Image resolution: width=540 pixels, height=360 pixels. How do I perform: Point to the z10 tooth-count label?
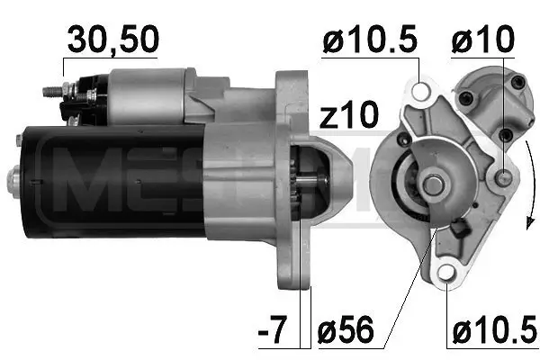(349, 115)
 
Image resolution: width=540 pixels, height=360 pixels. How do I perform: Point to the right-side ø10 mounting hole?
(504, 177)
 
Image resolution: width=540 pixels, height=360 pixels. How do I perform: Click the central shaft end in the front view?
(433, 185)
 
